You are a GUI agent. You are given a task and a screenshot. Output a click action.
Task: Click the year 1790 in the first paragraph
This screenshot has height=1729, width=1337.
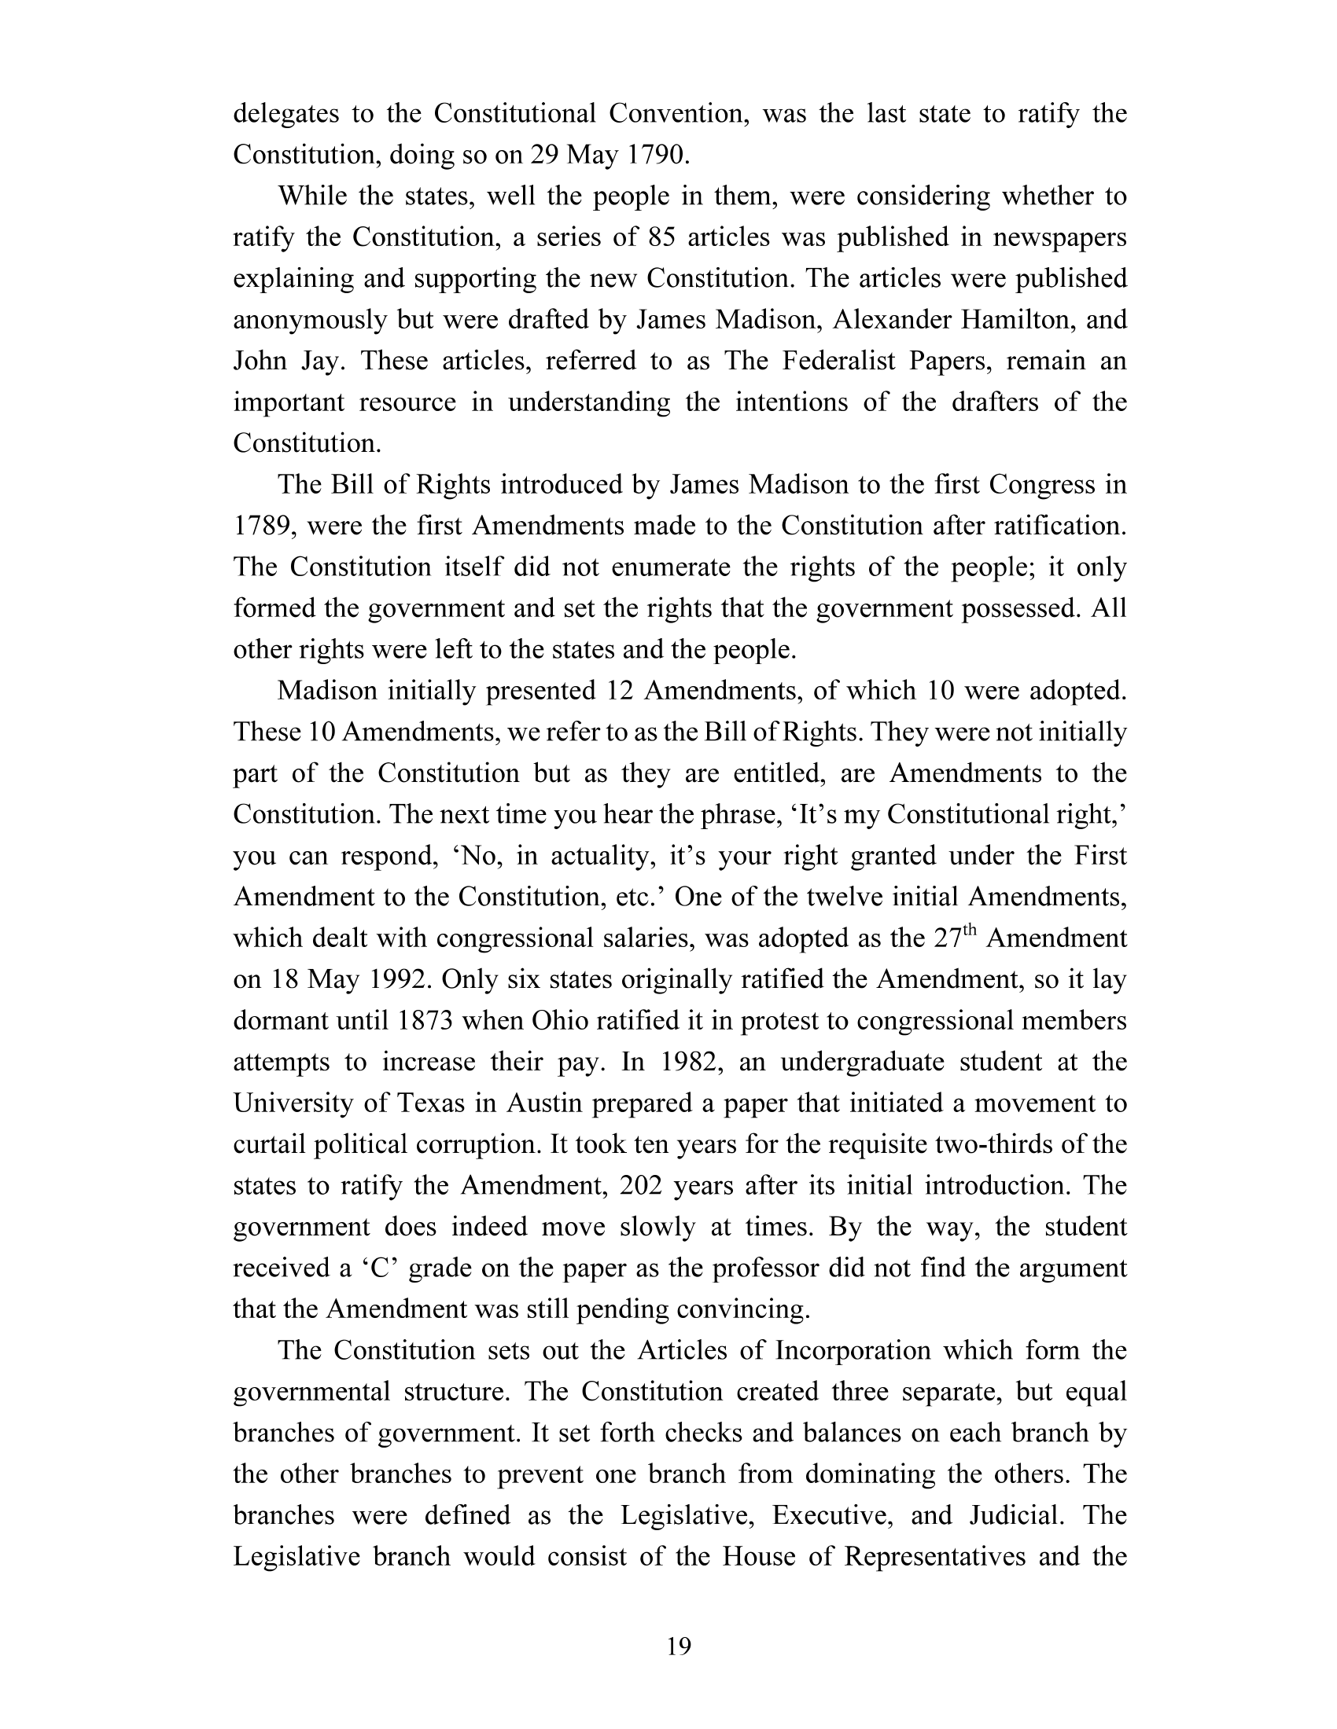tap(657, 155)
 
